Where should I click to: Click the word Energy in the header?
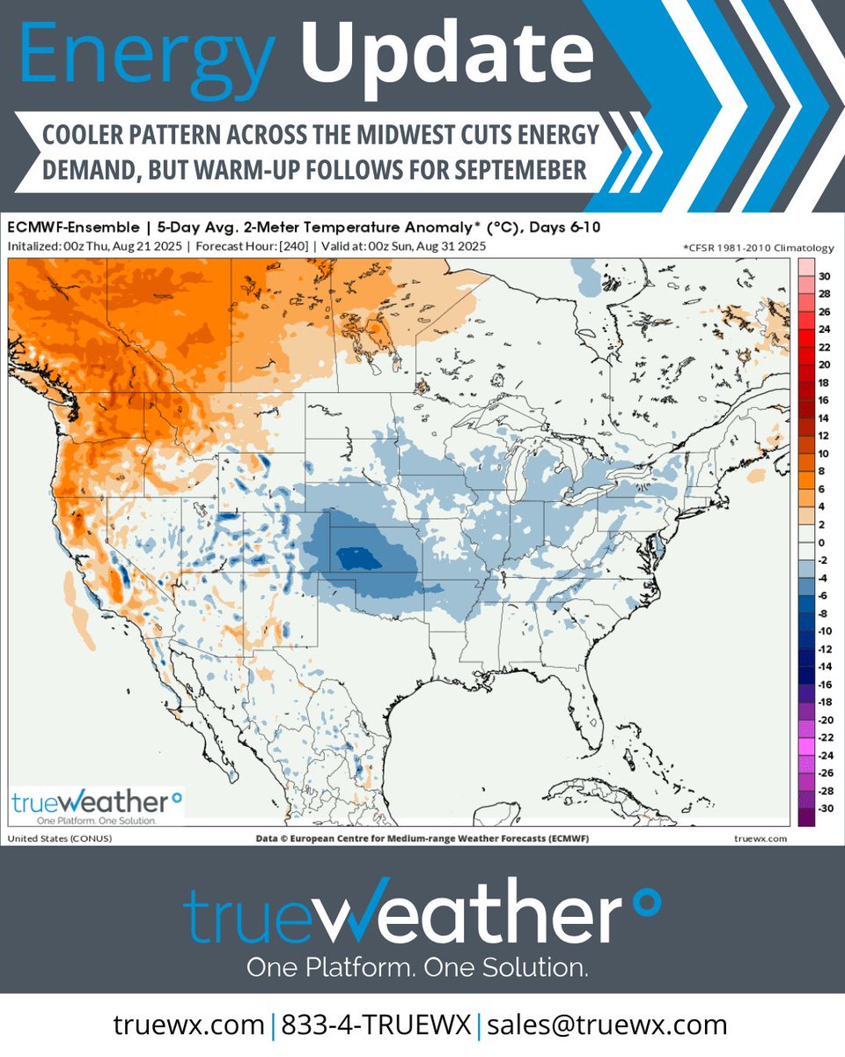point(145,55)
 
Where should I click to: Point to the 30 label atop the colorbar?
point(824,276)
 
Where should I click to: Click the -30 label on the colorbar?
point(824,809)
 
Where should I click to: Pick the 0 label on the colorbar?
point(824,543)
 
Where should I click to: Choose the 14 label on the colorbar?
point(824,418)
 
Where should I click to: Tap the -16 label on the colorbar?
point(824,684)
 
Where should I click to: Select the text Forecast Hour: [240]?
point(248,246)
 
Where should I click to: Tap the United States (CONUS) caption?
point(59,838)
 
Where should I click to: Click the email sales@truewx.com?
point(606,1024)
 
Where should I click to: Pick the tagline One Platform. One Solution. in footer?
point(417,967)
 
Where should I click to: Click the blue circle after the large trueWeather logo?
point(647,901)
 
